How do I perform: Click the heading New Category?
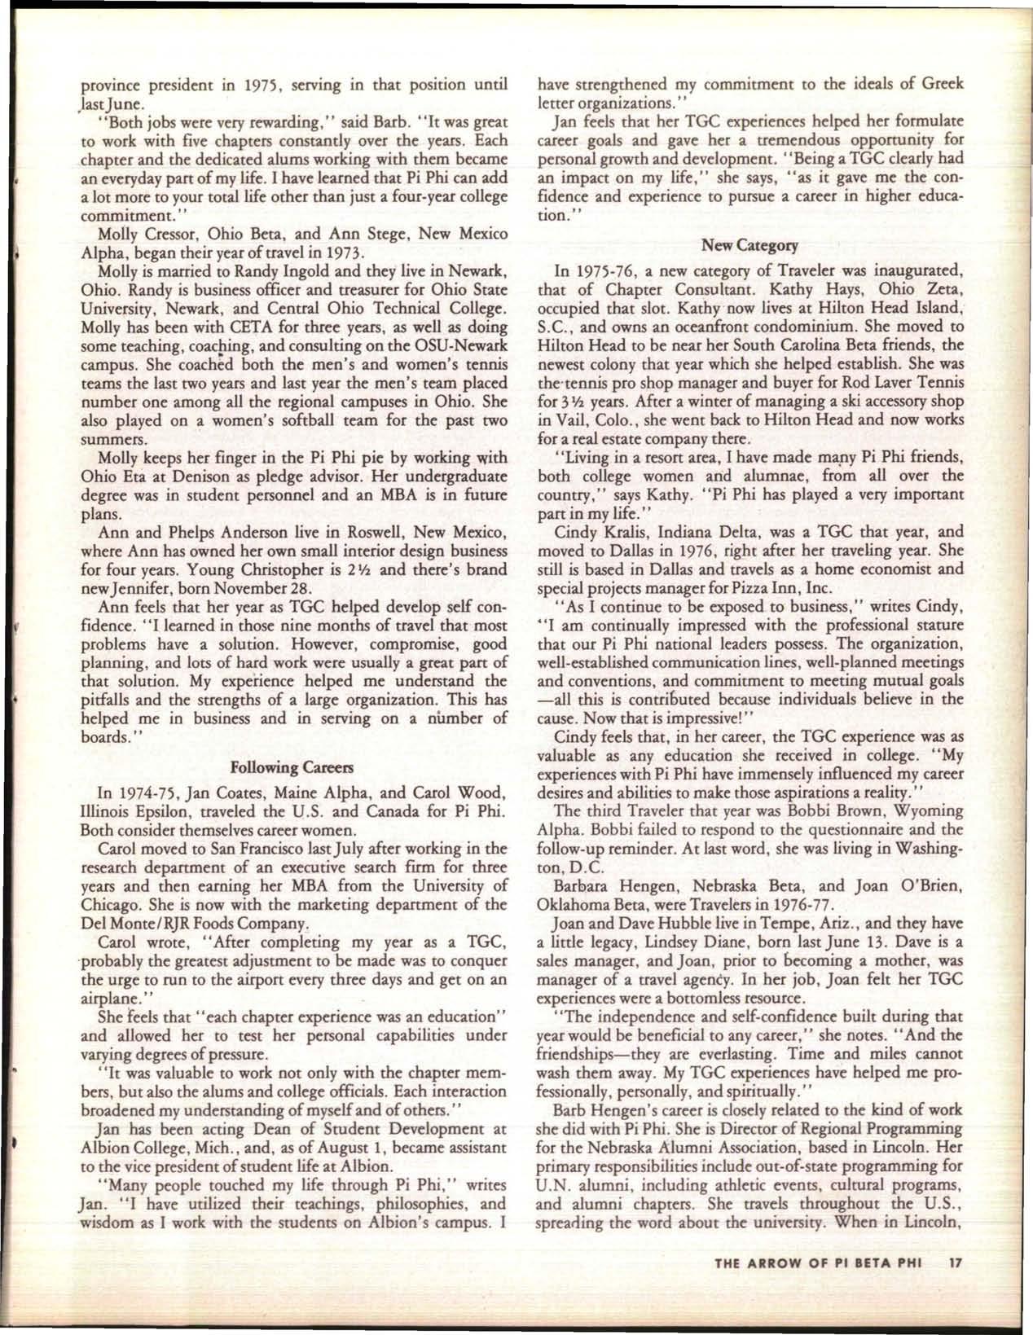[749, 244]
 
